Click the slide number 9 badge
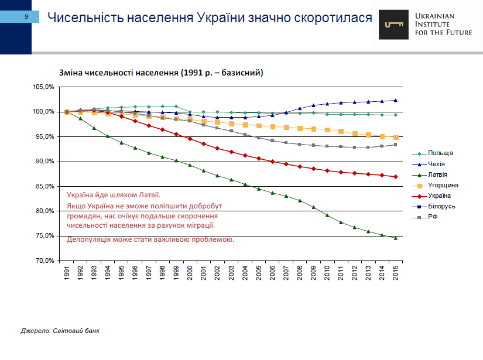click(x=26, y=17)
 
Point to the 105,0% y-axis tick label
click(x=44, y=87)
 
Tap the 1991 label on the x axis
click(x=67, y=275)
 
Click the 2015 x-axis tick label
click(x=396, y=275)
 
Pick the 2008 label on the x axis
click(x=300, y=275)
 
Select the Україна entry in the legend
click(x=440, y=196)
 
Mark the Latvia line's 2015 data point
click(x=395, y=238)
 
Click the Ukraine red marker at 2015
click(x=395, y=177)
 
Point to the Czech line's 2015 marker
click(x=395, y=100)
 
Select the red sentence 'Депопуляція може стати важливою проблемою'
click(x=150, y=239)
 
